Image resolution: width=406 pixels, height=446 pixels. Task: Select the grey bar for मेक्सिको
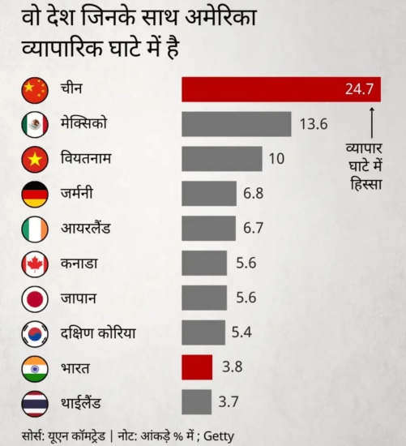tap(237, 124)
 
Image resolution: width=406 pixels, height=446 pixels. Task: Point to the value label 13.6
tap(313, 124)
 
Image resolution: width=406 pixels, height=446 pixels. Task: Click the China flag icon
tap(35, 88)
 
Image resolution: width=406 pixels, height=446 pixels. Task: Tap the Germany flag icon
tap(35, 194)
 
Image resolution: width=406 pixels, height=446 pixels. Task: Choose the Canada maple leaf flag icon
tap(35, 264)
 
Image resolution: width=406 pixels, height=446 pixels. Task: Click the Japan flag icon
tap(35, 298)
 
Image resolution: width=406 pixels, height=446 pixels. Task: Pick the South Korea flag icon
tap(35, 333)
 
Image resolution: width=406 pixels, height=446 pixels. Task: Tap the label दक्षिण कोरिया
tap(98, 333)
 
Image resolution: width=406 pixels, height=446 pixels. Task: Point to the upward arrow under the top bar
tap(371, 122)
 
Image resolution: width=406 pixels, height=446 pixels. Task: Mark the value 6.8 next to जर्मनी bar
tap(253, 194)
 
